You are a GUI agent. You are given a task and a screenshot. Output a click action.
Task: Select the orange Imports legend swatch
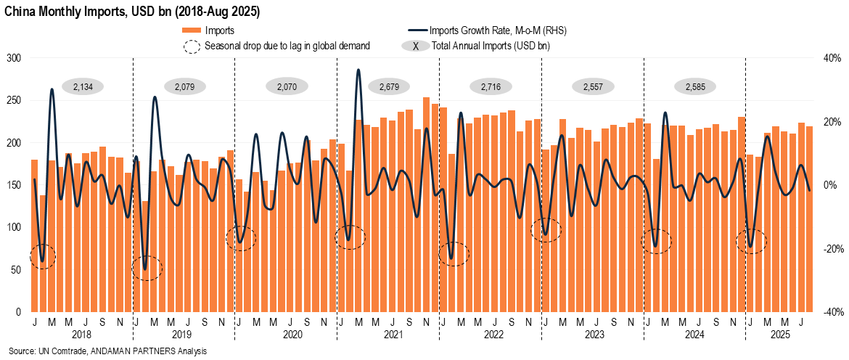coord(191,31)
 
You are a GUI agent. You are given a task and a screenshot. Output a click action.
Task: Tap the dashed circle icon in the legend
coord(191,46)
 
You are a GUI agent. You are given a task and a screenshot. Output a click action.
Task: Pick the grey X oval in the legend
coord(414,46)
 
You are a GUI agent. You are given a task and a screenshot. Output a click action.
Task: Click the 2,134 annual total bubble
coord(83,86)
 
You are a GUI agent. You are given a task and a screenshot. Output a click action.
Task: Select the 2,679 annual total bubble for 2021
coord(390,86)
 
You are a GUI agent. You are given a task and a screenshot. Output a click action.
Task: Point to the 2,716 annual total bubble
coord(491,86)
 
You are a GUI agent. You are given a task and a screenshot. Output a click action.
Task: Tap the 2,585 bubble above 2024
coord(695,86)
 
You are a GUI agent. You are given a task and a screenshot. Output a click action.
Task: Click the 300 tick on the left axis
coord(14,58)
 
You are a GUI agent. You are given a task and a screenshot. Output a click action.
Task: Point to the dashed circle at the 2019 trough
coord(146,268)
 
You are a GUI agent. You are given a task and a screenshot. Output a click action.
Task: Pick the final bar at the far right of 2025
coord(809,218)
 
